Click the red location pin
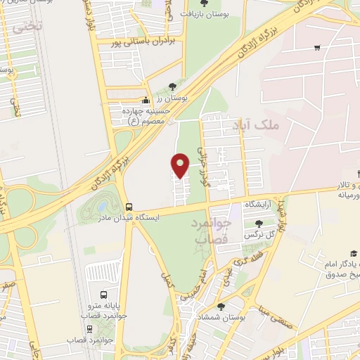click(181, 164)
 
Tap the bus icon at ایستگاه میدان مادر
click(129, 207)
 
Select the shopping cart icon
click(318, 48)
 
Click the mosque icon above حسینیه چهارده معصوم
click(146, 100)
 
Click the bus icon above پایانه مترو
click(104, 295)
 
